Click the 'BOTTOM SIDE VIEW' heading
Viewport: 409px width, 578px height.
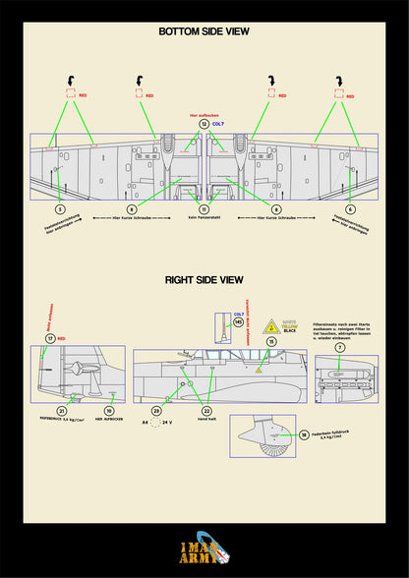point(204,31)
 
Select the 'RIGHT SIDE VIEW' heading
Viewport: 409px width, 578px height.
point(204,280)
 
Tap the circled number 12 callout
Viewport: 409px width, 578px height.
point(204,125)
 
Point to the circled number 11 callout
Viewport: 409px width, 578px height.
point(204,209)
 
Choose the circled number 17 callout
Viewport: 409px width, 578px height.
point(50,338)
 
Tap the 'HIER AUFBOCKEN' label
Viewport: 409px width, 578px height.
point(109,423)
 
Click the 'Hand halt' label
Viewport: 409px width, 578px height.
point(206,423)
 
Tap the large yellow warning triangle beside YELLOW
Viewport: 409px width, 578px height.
point(270,324)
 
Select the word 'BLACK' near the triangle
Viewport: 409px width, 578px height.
point(289,331)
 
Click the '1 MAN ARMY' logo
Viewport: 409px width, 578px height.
point(204,552)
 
